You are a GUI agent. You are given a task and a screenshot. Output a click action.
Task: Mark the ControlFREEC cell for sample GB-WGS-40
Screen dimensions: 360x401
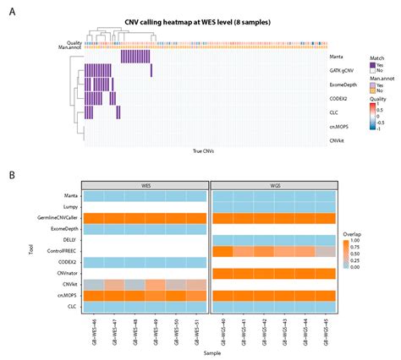tap(222, 251)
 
